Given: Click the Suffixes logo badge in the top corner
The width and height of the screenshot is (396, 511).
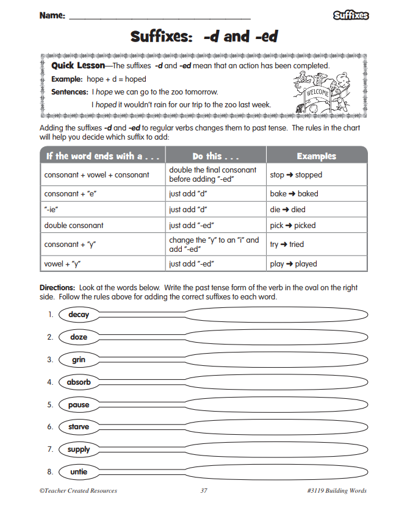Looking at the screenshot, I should coord(351,16).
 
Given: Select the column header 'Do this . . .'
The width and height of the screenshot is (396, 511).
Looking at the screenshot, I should coord(215,155).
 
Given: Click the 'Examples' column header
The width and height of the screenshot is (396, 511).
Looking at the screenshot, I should coord(317,155).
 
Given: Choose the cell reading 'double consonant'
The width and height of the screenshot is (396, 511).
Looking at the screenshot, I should coord(74,225).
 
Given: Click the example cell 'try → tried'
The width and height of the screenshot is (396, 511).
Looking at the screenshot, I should coord(287,244).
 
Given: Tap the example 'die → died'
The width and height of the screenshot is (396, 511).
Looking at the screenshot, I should coord(287,209).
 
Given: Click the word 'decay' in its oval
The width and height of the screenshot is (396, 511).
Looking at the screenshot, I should coord(79,315).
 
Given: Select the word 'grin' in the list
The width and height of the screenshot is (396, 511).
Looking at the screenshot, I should coord(79,360).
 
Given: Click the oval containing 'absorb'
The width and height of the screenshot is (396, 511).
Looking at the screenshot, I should coord(79,382).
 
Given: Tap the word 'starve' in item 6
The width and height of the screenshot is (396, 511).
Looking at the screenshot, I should coord(79,427).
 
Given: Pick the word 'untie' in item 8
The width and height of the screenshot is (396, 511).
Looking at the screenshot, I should coord(79,472).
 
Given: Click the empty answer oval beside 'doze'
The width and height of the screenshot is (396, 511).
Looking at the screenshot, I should coord(276,337).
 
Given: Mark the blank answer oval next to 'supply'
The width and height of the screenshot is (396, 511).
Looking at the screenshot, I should coord(276,449).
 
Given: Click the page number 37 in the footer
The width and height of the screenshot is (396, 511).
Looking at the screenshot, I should coord(204,491).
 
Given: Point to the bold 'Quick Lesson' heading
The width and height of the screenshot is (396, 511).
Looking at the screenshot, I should coord(78,65).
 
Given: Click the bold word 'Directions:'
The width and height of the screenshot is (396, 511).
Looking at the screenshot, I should coord(57,287).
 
